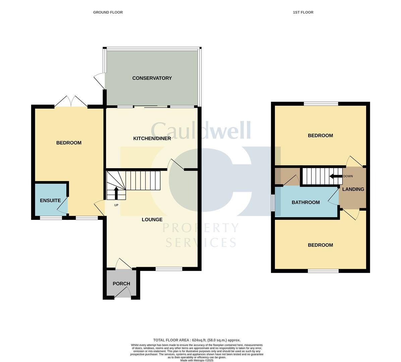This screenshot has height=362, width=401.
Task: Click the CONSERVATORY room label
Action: [152, 78]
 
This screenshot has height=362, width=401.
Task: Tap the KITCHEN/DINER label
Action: [152, 138]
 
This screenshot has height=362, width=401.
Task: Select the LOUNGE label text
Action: [152, 219]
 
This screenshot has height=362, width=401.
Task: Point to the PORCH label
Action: [121, 284]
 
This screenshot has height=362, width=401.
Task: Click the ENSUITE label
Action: [50, 200]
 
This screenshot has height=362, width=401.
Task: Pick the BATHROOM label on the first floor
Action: [305, 202]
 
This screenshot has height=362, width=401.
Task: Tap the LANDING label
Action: [353, 189]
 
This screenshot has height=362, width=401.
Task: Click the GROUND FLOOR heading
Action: [108, 12]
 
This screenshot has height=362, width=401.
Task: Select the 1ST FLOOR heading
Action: [303, 12]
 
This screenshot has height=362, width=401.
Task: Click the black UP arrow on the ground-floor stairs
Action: [116, 193]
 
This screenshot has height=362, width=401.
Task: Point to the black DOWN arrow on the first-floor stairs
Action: [336, 176]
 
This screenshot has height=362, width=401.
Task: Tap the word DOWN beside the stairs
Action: [348, 176]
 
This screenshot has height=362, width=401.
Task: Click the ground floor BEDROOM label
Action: [69, 143]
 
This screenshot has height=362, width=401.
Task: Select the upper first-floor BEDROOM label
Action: [320, 135]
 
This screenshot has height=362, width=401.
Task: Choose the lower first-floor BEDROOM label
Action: [320, 245]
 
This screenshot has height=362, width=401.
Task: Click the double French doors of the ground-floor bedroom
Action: [71, 102]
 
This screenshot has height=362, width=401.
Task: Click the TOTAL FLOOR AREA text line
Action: [197, 340]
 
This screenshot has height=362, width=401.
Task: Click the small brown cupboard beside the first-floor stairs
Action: [287, 176]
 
